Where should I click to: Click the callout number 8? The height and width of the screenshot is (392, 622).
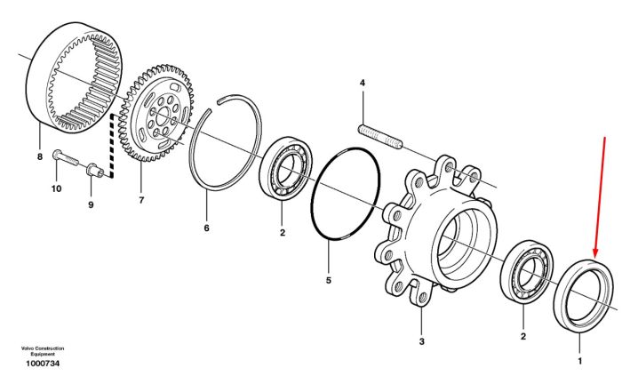[40, 156]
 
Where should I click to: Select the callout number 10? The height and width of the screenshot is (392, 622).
[56, 188]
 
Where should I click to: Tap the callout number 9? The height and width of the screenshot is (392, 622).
[91, 204]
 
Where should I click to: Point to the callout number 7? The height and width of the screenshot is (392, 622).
[141, 200]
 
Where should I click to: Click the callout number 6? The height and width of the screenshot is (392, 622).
[206, 228]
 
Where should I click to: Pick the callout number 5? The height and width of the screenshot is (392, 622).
[329, 280]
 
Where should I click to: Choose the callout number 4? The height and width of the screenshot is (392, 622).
[363, 83]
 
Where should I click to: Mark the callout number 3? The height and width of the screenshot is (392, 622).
[422, 341]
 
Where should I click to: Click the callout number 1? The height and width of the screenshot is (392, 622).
[580, 361]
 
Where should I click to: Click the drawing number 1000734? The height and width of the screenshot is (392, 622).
[43, 364]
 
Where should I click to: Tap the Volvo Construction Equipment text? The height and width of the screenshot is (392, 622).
[43, 351]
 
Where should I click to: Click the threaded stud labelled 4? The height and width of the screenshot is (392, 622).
[380, 136]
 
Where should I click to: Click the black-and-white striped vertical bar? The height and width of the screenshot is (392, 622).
[111, 146]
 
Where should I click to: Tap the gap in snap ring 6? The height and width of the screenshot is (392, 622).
[213, 108]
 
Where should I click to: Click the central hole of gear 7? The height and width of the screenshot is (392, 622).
[163, 117]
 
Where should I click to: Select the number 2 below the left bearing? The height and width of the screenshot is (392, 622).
[283, 233]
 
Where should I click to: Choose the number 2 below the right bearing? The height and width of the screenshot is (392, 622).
[523, 337]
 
